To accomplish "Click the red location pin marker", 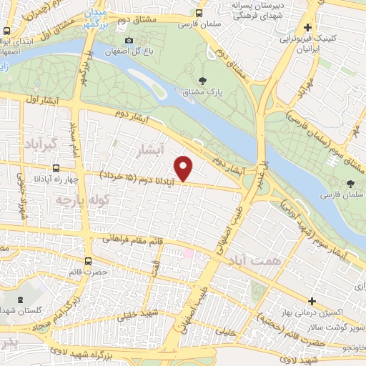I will pos(184,169).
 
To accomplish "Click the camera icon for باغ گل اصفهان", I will pos(128,41).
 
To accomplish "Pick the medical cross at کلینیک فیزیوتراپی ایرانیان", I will pos(307,28).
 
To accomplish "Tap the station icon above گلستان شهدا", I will pos(18,300).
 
